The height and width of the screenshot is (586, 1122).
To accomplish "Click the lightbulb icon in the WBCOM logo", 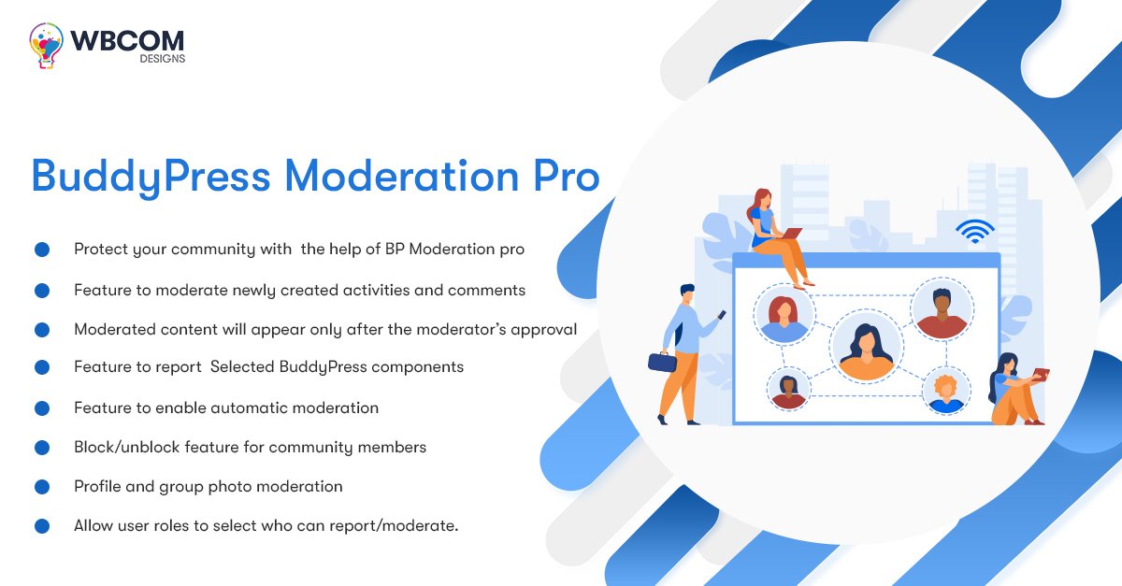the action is click(x=46, y=45).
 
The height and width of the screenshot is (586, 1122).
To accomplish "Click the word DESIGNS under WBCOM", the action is click(x=163, y=59).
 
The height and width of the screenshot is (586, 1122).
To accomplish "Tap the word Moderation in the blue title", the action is click(x=402, y=177).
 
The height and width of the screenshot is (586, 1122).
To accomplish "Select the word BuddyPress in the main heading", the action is click(x=151, y=178).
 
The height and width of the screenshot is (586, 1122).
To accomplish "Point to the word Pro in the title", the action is click(x=567, y=177).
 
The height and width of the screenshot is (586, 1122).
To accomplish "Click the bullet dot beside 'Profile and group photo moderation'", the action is click(x=42, y=486).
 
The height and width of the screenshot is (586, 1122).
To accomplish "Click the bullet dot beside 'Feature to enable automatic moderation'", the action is click(x=42, y=408).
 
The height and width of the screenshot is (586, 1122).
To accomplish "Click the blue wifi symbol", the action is click(x=974, y=232).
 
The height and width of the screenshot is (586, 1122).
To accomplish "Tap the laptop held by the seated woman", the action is click(x=792, y=233).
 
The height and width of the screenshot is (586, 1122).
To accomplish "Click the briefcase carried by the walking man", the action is click(x=662, y=362).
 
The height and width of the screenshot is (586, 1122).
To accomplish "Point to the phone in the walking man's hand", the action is click(x=722, y=315).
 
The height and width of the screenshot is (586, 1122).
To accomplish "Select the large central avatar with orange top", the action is click(x=866, y=347).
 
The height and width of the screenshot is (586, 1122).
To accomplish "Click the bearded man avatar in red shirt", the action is click(x=942, y=309).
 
